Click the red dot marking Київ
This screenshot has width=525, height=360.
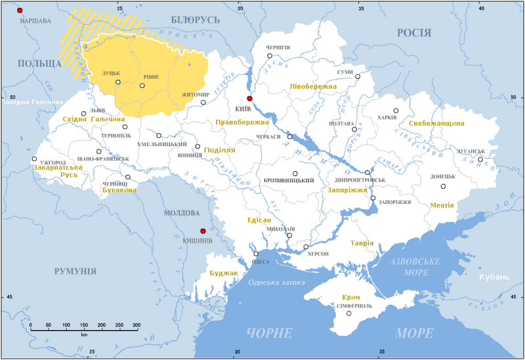pyautogui.click(x=249, y=98)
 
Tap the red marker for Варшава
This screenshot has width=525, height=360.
pyautogui.click(x=20, y=11)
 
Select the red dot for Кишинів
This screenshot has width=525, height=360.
pyautogui.click(x=203, y=231)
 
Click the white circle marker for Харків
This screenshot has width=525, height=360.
pyautogui.click(x=396, y=111)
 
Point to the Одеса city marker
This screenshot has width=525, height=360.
pyautogui.click(x=256, y=254)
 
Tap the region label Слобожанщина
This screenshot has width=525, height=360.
pyautogui.click(x=436, y=123)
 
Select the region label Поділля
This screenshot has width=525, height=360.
pyautogui.click(x=220, y=150)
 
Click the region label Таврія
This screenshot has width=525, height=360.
pyautogui.click(x=362, y=243)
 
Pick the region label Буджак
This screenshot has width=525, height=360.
pyautogui.click(x=219, y=272)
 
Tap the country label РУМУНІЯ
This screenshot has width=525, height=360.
pyautogui.click(x=74, y=271)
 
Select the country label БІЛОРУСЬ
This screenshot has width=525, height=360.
pyautogui.click(x=195, y=20)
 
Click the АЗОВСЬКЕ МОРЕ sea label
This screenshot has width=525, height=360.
pyautogui.click(x=414, y=267)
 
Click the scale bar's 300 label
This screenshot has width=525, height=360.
pyautogui.click(x=136, y=325)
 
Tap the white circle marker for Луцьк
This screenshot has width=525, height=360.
pyautogui.click(x=118, y=82)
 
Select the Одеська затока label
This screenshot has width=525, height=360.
pyautogui.click(x=277, y=283)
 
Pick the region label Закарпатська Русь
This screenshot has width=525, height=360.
pyautogui.click(x=58, y=172)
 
